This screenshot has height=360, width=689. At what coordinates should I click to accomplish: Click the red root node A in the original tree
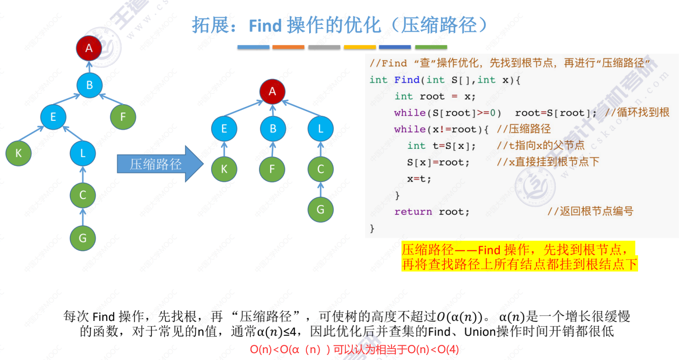coord(89,48)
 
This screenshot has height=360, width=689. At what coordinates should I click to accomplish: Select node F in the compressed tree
coord(272,169)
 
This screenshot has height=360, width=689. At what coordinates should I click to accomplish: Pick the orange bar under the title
coord(288,47)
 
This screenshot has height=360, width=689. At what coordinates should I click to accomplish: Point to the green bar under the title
coord(431,47)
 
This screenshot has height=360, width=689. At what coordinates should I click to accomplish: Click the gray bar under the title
coord(324,47)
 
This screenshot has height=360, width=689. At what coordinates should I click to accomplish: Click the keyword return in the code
coord(413,212)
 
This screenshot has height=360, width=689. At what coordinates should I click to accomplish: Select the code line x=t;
coord(419,179)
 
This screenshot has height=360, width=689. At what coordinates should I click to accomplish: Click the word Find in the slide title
coord(265,26)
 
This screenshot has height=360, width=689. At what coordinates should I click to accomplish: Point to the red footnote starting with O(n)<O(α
coord(354,349)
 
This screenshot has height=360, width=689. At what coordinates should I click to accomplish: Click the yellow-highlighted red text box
coord(519,257)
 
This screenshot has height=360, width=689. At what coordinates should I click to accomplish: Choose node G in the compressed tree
coord(320,209)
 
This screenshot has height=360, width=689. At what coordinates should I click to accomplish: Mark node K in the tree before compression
coord(18,153)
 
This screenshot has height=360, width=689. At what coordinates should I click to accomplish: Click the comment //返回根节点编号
coord(590,212)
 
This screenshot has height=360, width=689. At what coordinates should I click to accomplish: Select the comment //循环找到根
coord(637,112)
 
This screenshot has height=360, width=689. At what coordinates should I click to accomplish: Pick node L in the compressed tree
coord(320,129)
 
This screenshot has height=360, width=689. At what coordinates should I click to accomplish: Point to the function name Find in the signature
coord(407,80)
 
